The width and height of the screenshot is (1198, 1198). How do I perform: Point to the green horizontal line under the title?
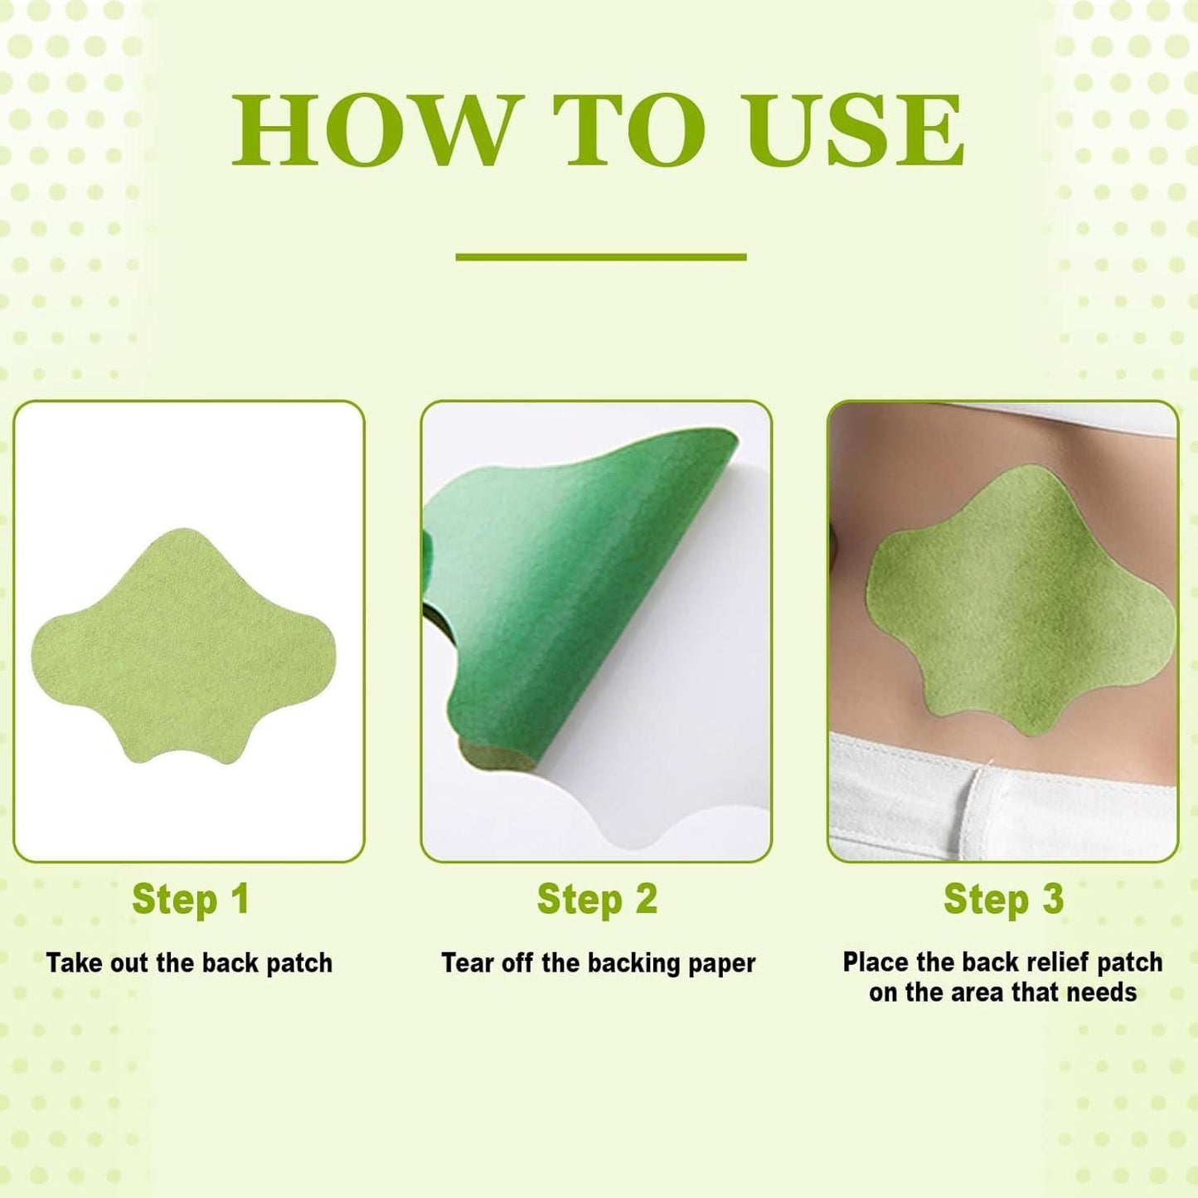coord(600,257)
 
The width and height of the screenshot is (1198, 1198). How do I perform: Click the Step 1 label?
coord(190,900)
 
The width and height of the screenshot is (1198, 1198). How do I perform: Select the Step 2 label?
coord(597,900)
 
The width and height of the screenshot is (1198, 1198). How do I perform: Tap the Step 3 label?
coord(1003,900)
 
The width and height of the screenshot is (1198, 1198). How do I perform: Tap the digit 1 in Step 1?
coord(240,900)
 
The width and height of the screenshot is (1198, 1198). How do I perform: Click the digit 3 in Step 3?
coord(1052,900)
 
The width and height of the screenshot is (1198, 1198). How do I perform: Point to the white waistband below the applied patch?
coord(1003,796)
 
